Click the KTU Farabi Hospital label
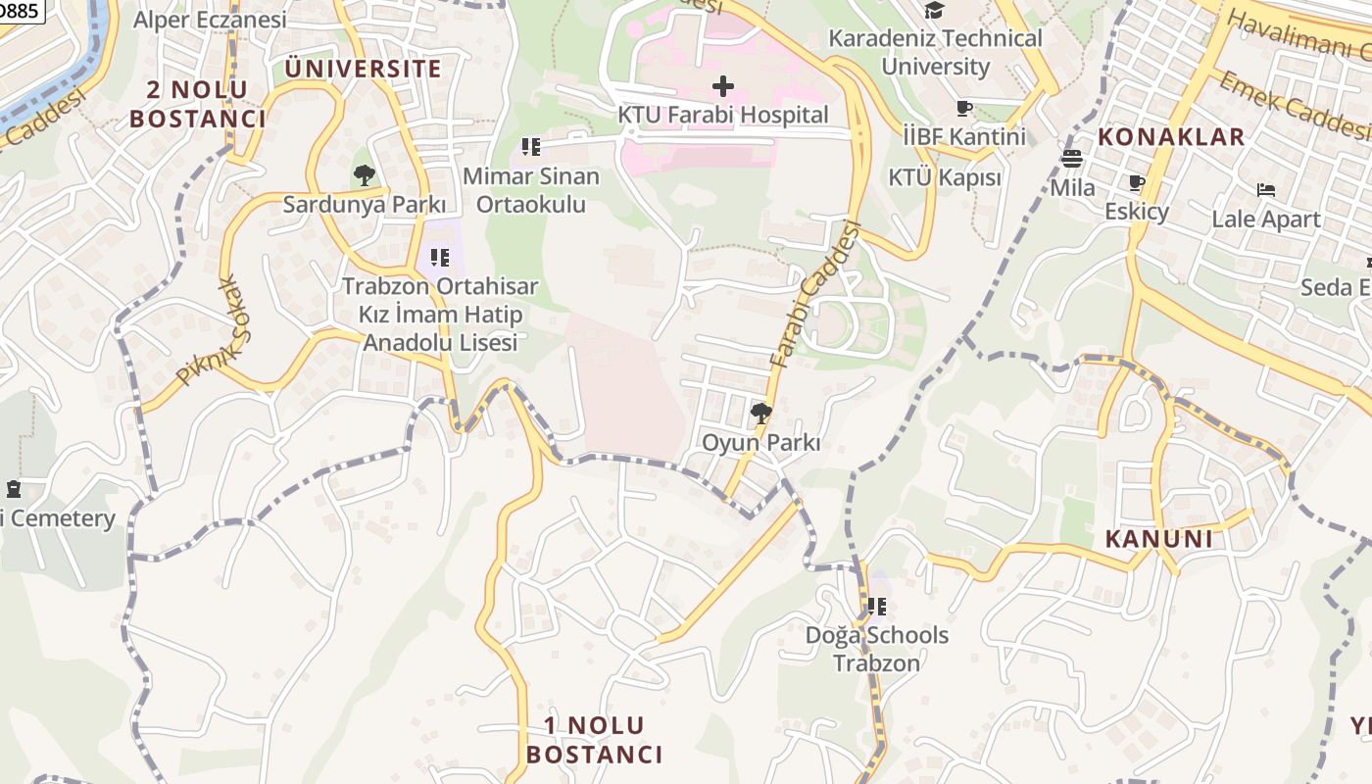click(x=722, y=115)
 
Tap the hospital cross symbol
click(x=723, y=86)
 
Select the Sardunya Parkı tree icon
click(x=365, y=176)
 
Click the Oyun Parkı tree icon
click(x=760, y=414)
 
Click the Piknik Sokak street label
click(x=209, y=330)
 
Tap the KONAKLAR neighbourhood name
click(x=1170, y=136)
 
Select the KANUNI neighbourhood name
click(x=1159, y=539)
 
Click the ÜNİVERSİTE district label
click(x=364, y=69)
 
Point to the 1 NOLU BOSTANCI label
click(x=594, y=740)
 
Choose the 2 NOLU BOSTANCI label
click(x=198, y=105)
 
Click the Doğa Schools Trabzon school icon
click(x=876, y=607)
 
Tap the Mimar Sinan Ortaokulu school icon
click(x=530, y=148)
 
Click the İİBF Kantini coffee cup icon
click(x=963, y=108)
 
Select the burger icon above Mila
click(x=1072, y=158)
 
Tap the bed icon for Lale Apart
click(x=1266, y=190)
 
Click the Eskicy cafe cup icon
click(x=1137, y=183)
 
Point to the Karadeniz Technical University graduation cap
click(x=934, y=10)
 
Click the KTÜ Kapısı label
click(x=945, y=177)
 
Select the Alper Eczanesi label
click(x=210, y=20)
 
